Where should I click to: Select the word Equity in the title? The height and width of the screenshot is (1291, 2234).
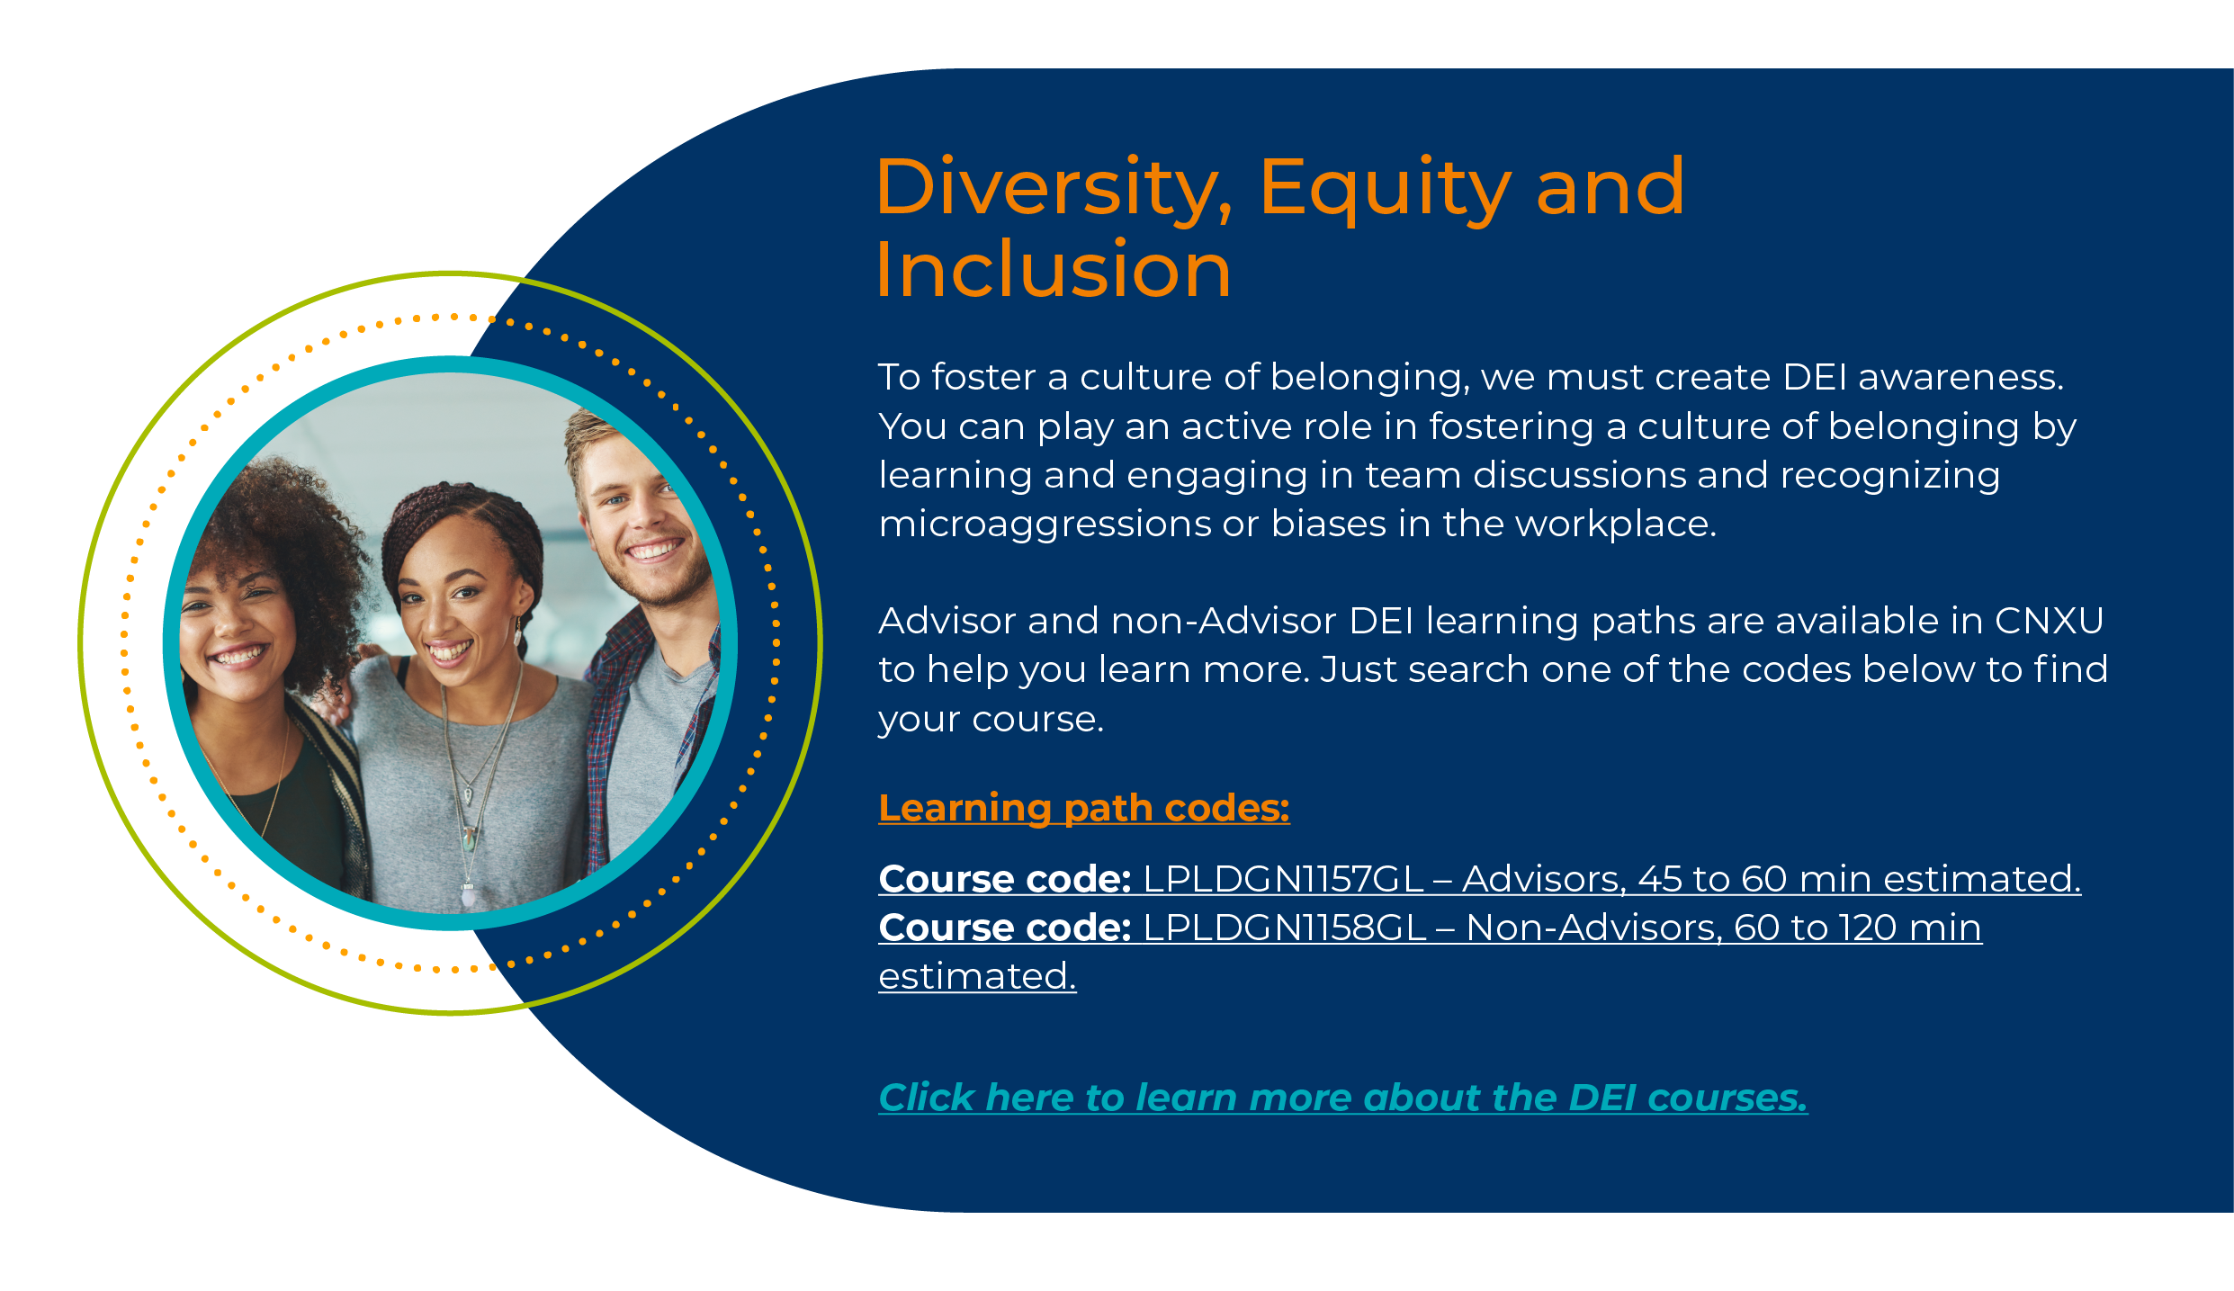pyautogui.click(x=1385, y=189)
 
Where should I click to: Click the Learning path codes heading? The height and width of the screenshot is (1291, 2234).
pyautogui.click(x=1084, y=808)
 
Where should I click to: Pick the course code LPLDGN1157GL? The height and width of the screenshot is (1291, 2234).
pyautogui.click(x=1283, y=879)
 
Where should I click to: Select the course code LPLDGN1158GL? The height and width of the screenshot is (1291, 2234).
pyautogui.click(x=1285, y=928)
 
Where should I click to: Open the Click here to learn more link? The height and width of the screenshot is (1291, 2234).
pyautogui.click(x=1343, y=1098)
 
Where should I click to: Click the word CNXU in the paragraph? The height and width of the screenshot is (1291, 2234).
pyautogui.click(x=2049, y=621)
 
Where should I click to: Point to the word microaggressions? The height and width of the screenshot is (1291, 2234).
pyautogui.click(x=1045, y=524)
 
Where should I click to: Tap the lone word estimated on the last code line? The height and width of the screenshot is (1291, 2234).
pyautogui.click(x=977, y=976)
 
